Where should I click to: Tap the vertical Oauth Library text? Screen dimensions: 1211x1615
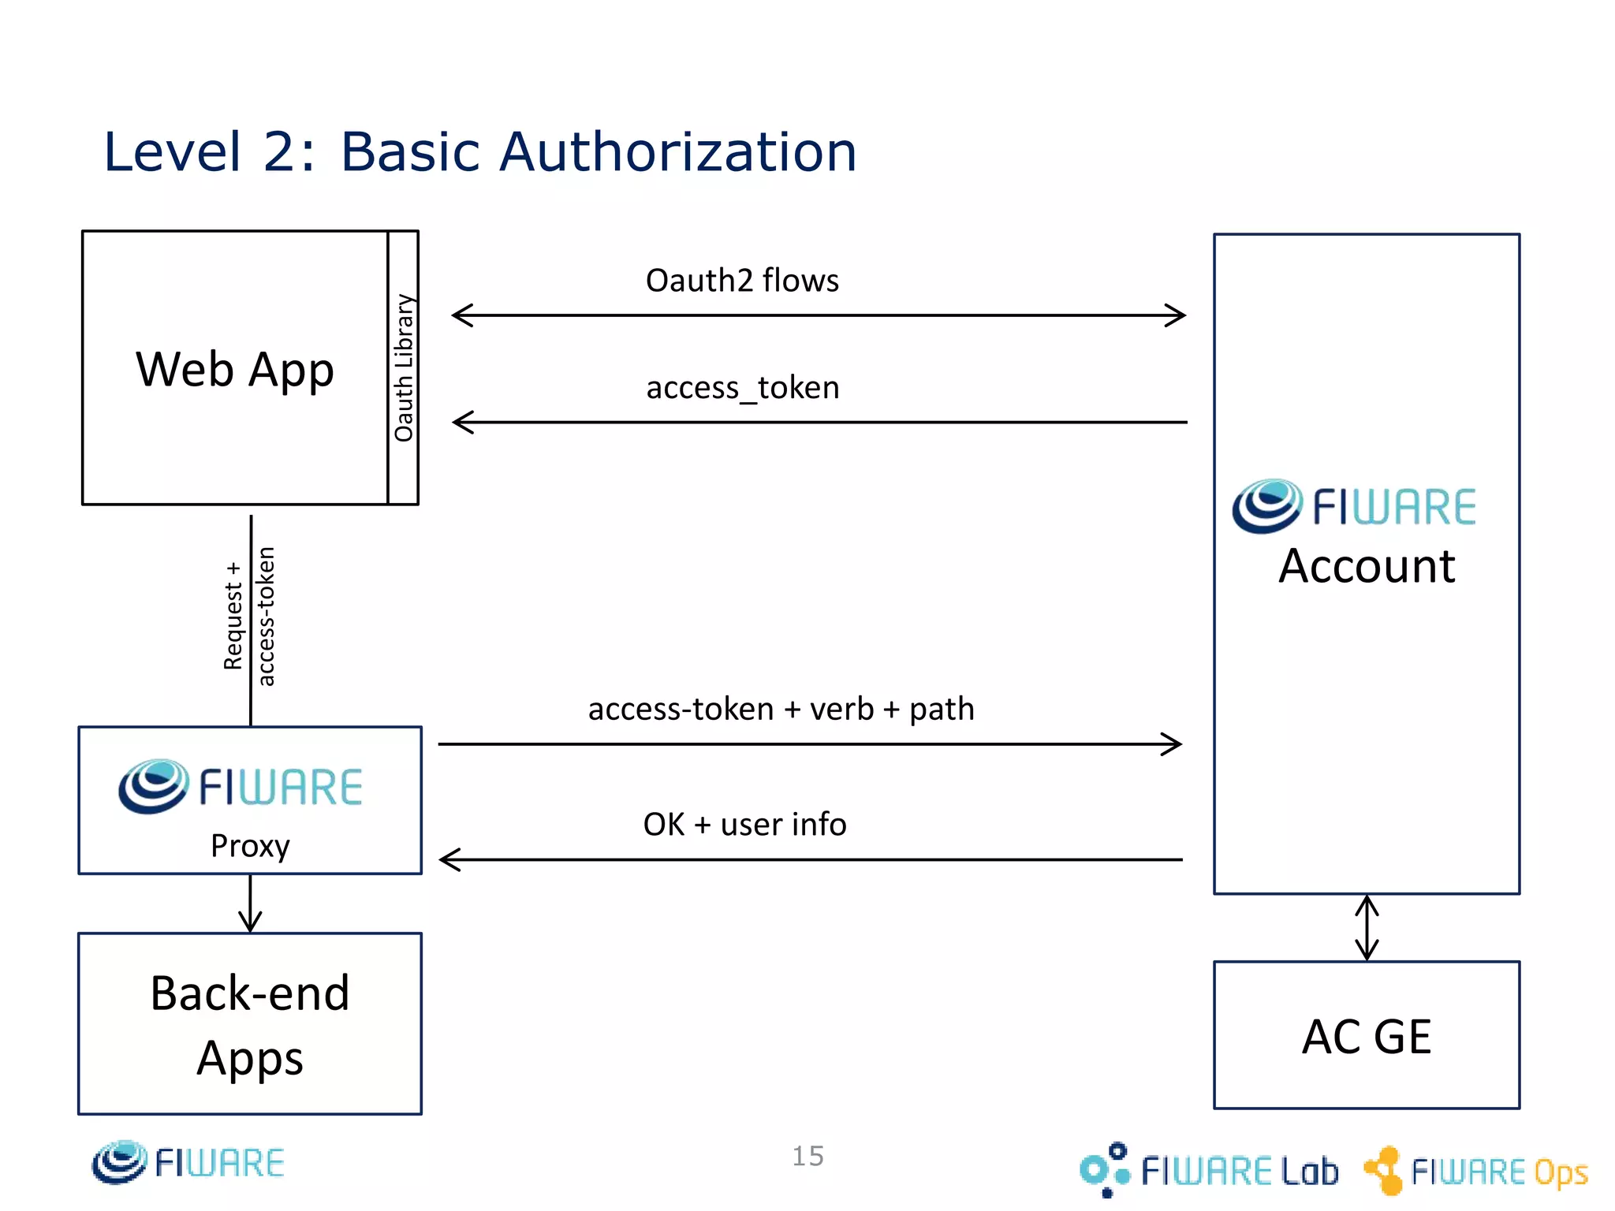[x=404, y=367]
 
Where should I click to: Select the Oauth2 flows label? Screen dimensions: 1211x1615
[x=742, y=281]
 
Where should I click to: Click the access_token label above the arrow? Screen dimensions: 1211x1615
[x=743, y=388]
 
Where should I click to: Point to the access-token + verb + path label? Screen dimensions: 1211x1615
[x=781, y=709]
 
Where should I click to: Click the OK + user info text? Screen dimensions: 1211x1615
[x=744, y=825]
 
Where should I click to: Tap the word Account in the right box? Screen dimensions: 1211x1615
[x=1367, y=566]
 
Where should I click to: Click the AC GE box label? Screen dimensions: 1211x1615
[x=1366, y=1036]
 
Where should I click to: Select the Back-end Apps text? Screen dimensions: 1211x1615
[x=250, y=1025]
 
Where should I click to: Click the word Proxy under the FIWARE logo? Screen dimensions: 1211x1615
[x=250, y=846]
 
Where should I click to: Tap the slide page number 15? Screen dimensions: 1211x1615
[x=807, y=1156]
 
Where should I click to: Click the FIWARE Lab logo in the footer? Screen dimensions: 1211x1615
[x=1209, y=1170]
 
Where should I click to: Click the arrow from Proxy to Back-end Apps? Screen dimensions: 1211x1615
[x=250, y=905]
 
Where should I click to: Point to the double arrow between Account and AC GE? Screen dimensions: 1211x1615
[x=1367, y=928]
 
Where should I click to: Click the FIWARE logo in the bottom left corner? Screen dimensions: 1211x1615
[x=188, y=1163]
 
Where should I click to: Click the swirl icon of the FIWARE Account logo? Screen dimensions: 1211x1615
[x=1266, y=505]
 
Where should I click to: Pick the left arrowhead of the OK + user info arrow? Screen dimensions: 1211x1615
[x=449, y=859]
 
